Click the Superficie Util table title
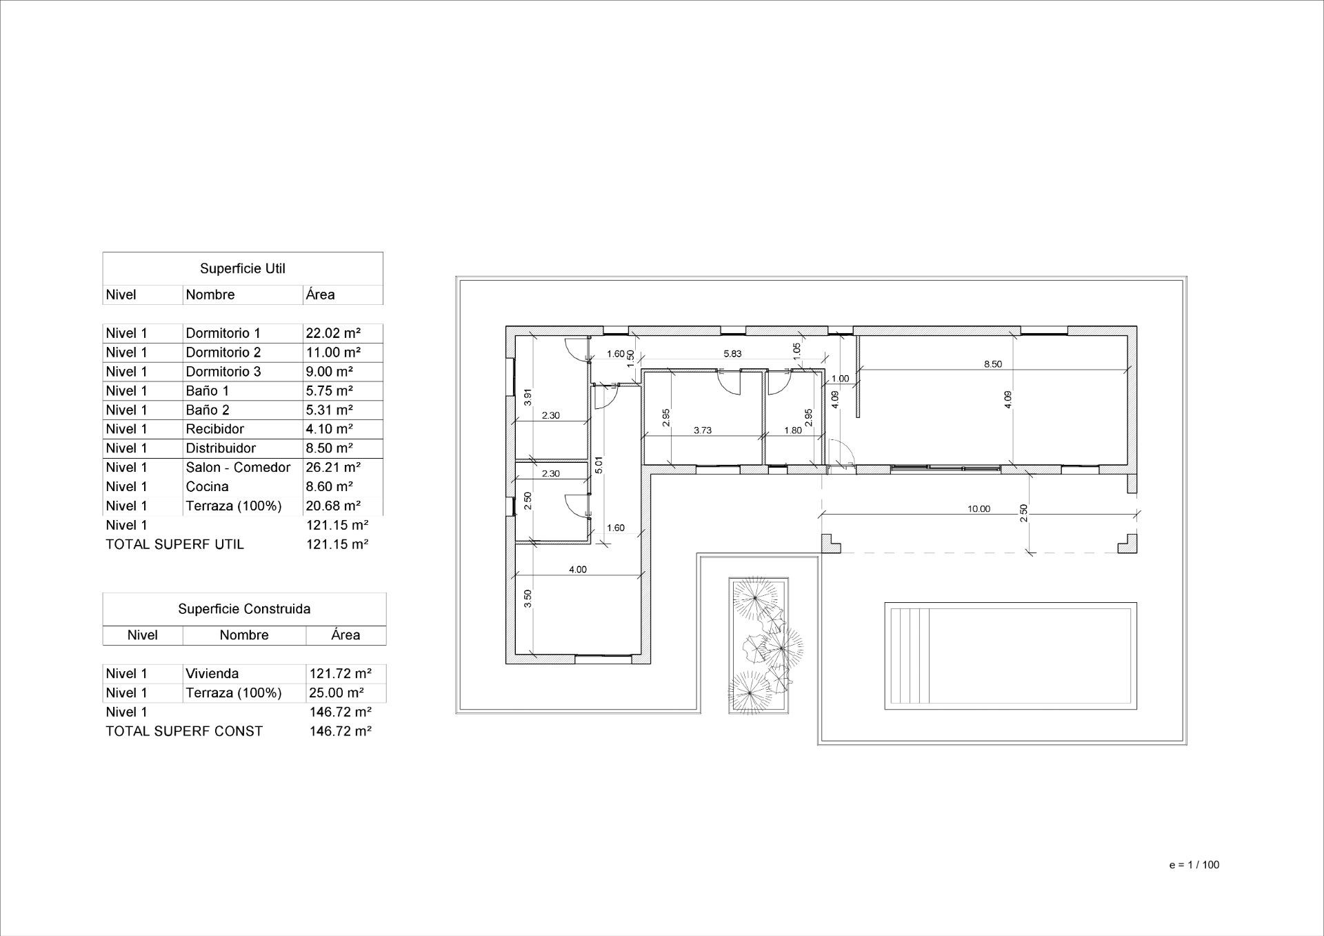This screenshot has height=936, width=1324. point(243,268)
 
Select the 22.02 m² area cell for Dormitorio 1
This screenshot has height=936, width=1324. point(333,333)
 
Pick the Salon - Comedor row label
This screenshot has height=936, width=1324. point(238,468)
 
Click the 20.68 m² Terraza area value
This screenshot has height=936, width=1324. point(333,506)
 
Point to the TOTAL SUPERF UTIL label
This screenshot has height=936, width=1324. point(174,544)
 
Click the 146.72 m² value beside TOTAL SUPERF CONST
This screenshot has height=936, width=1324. point(341,731)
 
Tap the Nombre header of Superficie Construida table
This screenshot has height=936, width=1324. point(244,635)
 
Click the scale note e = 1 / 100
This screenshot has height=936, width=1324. point(1194,865)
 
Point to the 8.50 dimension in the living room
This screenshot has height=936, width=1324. point(992,364)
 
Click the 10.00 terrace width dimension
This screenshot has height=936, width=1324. point(978,509)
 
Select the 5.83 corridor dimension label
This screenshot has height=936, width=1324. point(732,354)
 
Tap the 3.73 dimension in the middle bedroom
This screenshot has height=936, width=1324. point(702,430)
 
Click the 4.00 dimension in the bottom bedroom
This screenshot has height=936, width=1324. point(577,570)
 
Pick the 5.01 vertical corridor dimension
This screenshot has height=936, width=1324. point(599,465)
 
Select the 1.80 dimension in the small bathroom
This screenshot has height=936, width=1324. point(793,430)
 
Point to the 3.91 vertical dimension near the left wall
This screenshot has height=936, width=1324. point(528,397)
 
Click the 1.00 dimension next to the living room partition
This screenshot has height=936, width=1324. point(840,379)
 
